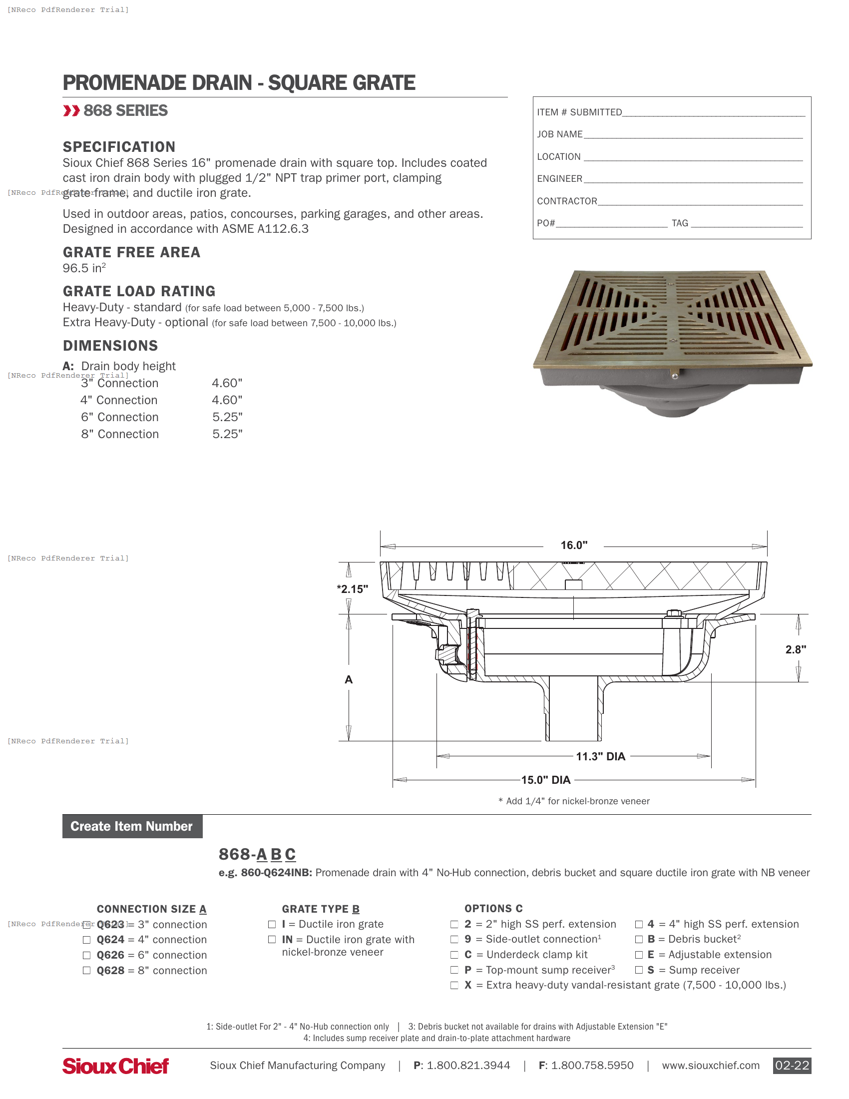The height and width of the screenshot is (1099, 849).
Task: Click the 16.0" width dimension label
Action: (573, 545)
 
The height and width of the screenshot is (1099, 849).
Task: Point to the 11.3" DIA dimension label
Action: (600, 756)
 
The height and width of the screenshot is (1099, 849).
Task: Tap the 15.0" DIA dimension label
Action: (545, 780)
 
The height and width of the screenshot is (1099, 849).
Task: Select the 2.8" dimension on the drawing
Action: (795, 649)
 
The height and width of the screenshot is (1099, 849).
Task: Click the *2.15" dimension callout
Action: (353, 589)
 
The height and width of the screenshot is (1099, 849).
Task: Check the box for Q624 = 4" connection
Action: (86, 940)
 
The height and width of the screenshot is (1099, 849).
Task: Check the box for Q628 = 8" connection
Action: (86, 970)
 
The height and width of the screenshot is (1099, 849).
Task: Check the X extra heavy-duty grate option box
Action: (454, 985)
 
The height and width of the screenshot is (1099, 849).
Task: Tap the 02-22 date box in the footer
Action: (792, 1066)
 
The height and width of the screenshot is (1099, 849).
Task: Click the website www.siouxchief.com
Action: (710, 1066)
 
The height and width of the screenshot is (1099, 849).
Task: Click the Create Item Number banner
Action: (132, 826)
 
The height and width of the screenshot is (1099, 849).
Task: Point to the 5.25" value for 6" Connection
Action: (227, 417)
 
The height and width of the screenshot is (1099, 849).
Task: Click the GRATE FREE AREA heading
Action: (131, 252)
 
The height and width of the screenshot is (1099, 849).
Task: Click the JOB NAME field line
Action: (693, 135)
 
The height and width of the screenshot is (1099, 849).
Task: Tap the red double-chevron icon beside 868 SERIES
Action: (71, 111)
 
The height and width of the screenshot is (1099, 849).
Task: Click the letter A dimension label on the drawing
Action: (349, 680)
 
